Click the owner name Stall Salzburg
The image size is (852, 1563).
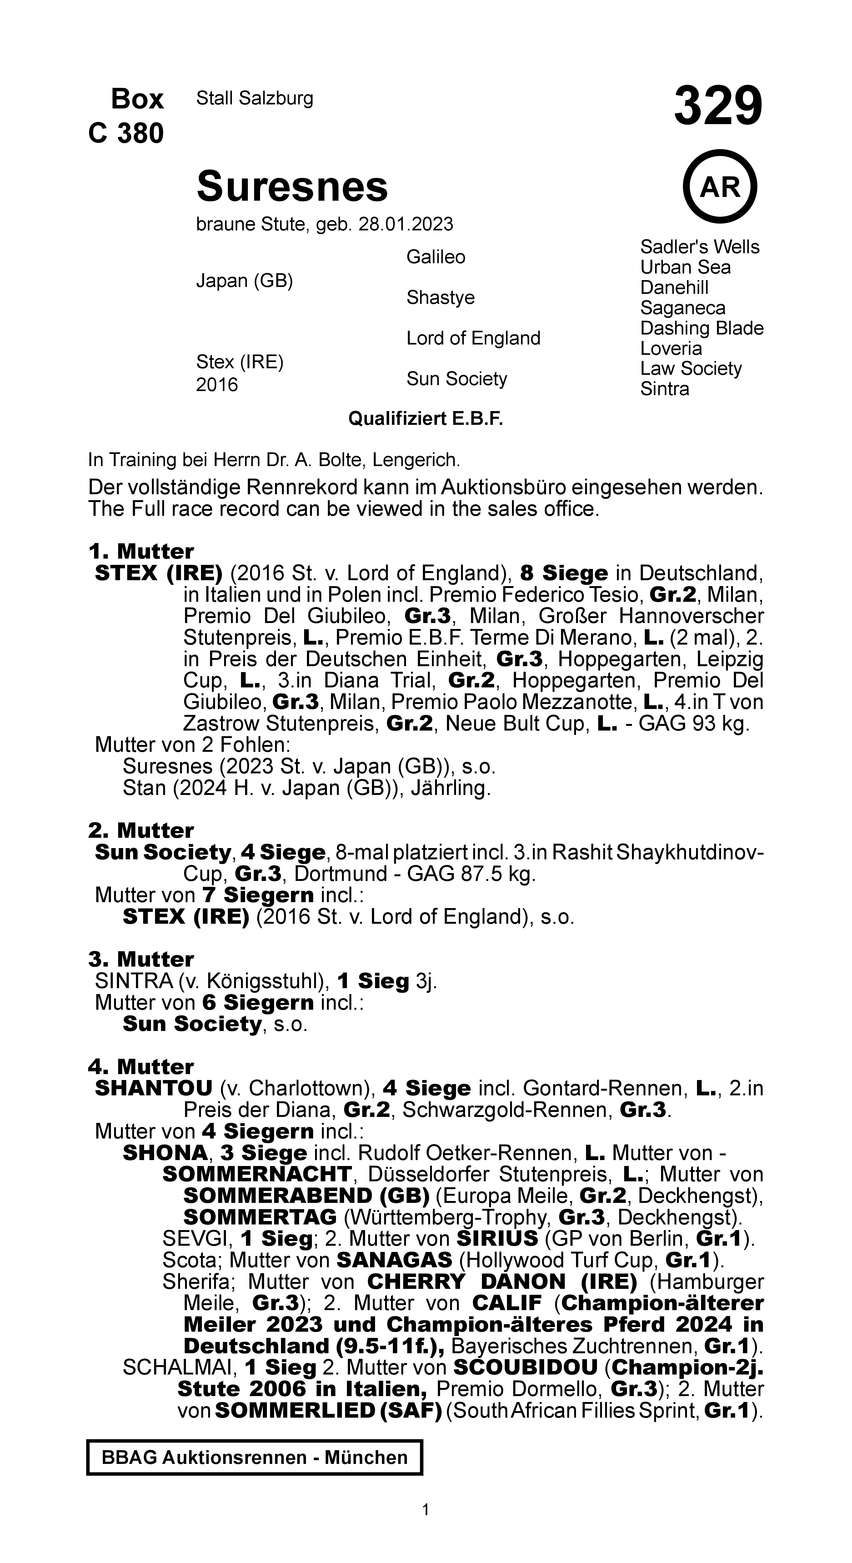click(x=254, y=98)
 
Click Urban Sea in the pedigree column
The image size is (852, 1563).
click(x=685, y=268)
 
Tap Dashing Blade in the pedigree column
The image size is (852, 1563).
click(x=701, y=328)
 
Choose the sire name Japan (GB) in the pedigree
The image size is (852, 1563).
click(x=244, y=281)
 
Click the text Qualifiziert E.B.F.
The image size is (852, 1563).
click(x=425, y=419)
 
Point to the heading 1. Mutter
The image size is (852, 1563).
click(x=141, y=551)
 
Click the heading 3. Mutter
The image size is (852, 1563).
click(x=141, y=959)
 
